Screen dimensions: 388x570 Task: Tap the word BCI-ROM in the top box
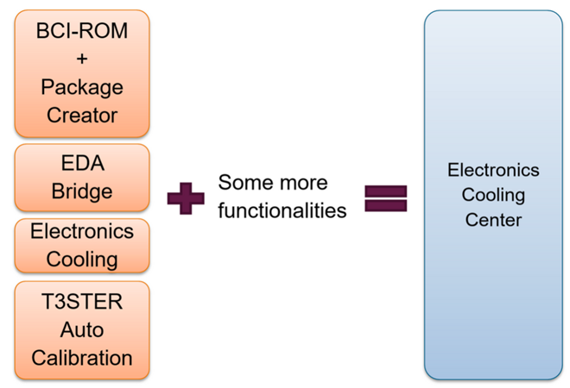(82, 33)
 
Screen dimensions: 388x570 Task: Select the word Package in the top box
(82, 87)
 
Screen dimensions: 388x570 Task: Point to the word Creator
(82, 115)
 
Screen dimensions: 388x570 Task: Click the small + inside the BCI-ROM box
(82, 60)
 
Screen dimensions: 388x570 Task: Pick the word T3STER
(82, 302)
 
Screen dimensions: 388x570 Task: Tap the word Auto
(82, 329)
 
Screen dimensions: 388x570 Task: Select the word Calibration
(82, 357)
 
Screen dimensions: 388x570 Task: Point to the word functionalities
(282, 210)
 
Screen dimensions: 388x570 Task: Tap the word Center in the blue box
(493, 220)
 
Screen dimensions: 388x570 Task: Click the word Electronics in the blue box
(493, 170)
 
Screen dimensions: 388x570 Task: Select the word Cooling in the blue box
(493, 195)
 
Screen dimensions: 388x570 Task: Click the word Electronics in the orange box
(82, 232)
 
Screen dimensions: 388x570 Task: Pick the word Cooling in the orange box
(82, 259)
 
